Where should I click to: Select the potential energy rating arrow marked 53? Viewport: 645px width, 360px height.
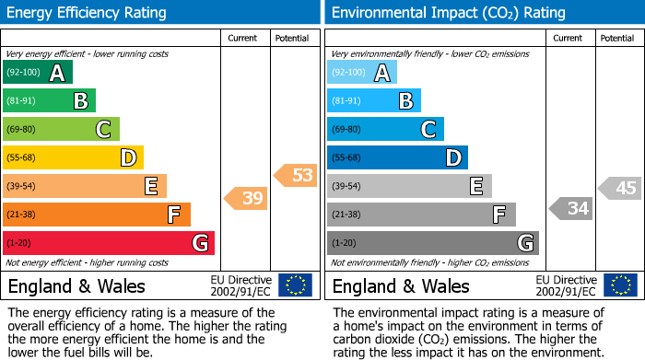click(296, 175)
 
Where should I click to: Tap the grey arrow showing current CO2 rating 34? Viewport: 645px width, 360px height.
click(571, 208)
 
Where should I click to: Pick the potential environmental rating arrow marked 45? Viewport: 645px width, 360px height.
click(620, 188)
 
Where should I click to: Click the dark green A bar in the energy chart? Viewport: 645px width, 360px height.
click(38, 73)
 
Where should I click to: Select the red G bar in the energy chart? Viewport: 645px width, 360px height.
click(109, 243)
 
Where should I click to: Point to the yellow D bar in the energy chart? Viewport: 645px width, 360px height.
click(74, 158)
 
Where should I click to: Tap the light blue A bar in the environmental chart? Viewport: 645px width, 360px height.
click(362, 73)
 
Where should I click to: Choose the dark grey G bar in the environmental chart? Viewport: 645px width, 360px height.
click(433, 243)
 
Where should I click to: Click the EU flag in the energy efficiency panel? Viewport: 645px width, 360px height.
click(296, 285)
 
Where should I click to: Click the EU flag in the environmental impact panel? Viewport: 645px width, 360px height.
click(620, 285)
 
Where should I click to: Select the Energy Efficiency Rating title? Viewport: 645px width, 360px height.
click(88, 13)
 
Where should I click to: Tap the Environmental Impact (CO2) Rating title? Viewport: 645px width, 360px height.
click(449, 13)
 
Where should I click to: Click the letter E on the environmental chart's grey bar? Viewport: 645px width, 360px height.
click(475, 187)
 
